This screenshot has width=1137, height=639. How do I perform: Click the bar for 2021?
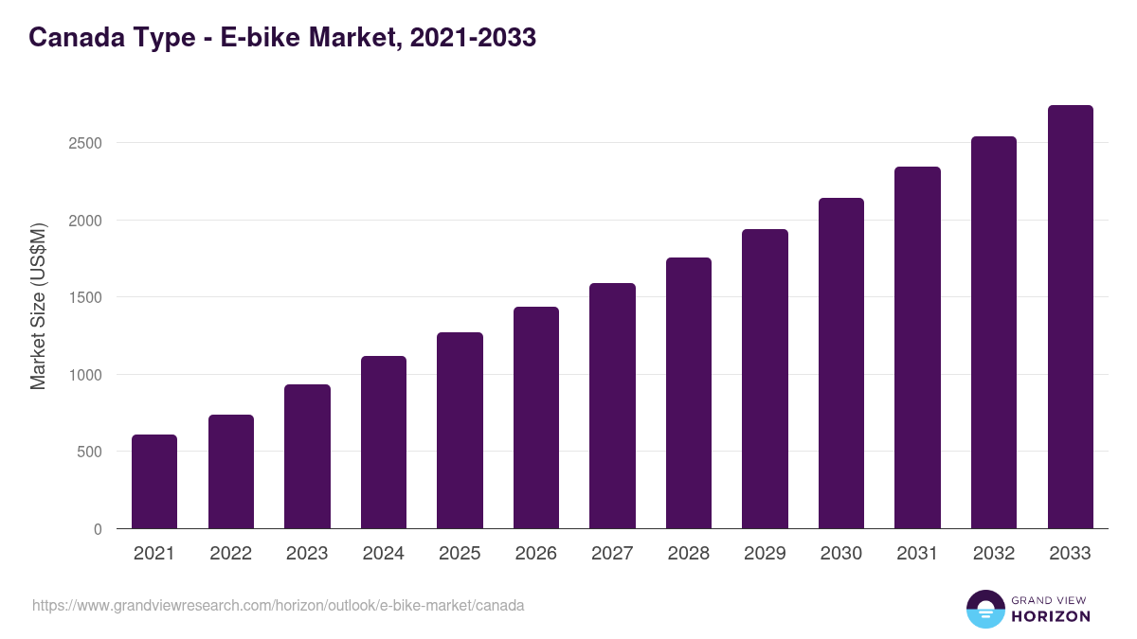pos(154,482)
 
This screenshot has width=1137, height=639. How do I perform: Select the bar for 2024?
pos(384,442)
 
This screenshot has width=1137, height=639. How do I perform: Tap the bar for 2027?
pos(612,406)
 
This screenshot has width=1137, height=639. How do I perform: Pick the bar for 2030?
pos(841,364)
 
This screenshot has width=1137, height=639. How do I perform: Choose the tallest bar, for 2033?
pos(1070,317)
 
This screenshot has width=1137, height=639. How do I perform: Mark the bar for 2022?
pos(231,471)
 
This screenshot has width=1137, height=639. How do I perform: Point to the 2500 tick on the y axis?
pos(85,143)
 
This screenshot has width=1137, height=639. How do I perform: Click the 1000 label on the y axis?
pos(85,375)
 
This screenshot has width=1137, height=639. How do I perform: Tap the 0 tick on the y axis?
pos(98,529)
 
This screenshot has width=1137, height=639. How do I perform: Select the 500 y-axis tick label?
pos(89,452)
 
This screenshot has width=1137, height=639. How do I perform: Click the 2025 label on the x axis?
pos(460,554)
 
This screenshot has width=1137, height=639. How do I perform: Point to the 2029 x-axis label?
pos(765,554)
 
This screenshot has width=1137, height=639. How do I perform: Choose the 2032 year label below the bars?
pos(994,554)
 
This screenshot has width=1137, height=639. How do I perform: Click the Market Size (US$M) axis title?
pos(38,306)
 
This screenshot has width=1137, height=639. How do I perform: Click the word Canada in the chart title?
pos(72,37)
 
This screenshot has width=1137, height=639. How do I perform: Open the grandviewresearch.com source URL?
pos(278,605)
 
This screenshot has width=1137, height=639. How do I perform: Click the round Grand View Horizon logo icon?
pos(985,609)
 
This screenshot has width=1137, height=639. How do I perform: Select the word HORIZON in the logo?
pos(1051,616)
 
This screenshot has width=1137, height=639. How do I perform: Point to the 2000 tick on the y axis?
pos(85,221)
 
